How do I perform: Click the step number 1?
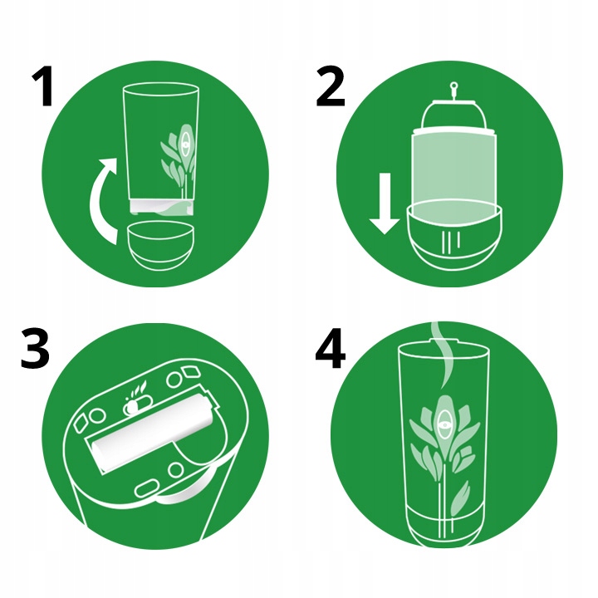tap(42, 86)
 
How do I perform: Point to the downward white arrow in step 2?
tap(385, 203)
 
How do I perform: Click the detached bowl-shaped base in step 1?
tap(160, 246)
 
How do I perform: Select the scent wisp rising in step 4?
tap(442, 355)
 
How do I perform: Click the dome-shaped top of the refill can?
tap(453, 115)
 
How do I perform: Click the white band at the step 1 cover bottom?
tap(162, 206)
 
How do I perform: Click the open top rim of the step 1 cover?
tap(160, 88)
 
